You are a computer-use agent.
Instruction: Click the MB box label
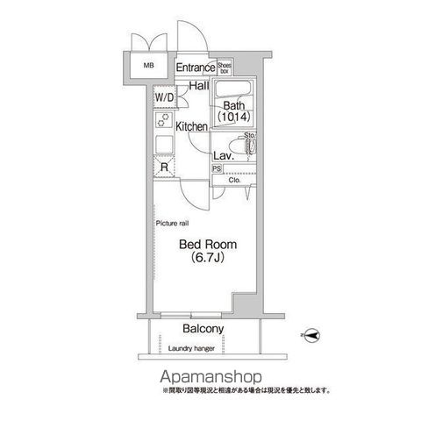[x=140, y=65]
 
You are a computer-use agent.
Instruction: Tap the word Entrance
[x=195, y=68]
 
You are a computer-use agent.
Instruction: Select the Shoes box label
[x=224, y=67]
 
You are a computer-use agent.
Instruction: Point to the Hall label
[x=198, y=86]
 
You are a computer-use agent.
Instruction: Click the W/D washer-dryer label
[x=164, y=97]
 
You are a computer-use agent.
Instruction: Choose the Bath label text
[x=232, y=106]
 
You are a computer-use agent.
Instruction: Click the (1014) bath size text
[x=233, y=119]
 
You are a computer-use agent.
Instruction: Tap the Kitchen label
[x=191, y=126]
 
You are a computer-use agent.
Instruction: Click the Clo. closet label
[x=234, y=182]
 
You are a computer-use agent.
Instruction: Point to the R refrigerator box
[x=164, y=168]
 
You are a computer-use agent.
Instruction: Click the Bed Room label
[x=207, y=245]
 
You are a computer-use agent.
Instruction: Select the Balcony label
[x=203, y=329]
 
